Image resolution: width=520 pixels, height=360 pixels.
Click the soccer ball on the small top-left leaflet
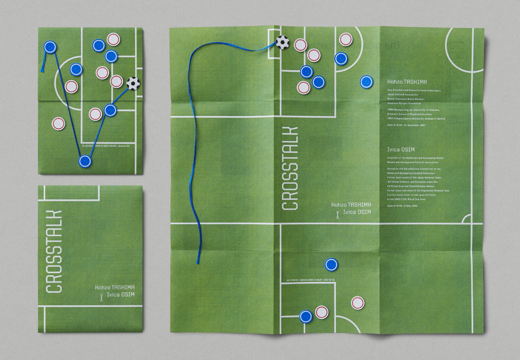pos(133,83)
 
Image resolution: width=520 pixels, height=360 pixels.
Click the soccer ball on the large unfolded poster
pos(282,42)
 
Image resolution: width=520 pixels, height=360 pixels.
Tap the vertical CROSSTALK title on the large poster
pos(290,168)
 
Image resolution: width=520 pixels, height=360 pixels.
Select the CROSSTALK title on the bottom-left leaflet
pos(54,251)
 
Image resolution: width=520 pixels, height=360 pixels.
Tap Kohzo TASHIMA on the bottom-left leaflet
pos(115,287)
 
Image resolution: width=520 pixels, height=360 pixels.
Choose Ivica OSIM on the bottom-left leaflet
pos(121,295)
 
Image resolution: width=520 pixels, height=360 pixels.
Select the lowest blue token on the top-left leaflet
pos(85,161)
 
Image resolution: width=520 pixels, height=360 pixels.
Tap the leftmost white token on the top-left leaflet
pos(59,124)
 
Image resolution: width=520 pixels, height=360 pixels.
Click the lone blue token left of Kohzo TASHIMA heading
pos(367,82)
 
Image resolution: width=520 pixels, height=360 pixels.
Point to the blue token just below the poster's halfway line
pos(331,265)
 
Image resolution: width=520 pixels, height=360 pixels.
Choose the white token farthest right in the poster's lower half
pos(358,303)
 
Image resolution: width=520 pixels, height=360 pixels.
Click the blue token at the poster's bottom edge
pos(306,316)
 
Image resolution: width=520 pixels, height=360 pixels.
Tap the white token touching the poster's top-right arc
pos(346,40)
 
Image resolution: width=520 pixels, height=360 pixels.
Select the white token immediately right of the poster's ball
pos(301,45)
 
